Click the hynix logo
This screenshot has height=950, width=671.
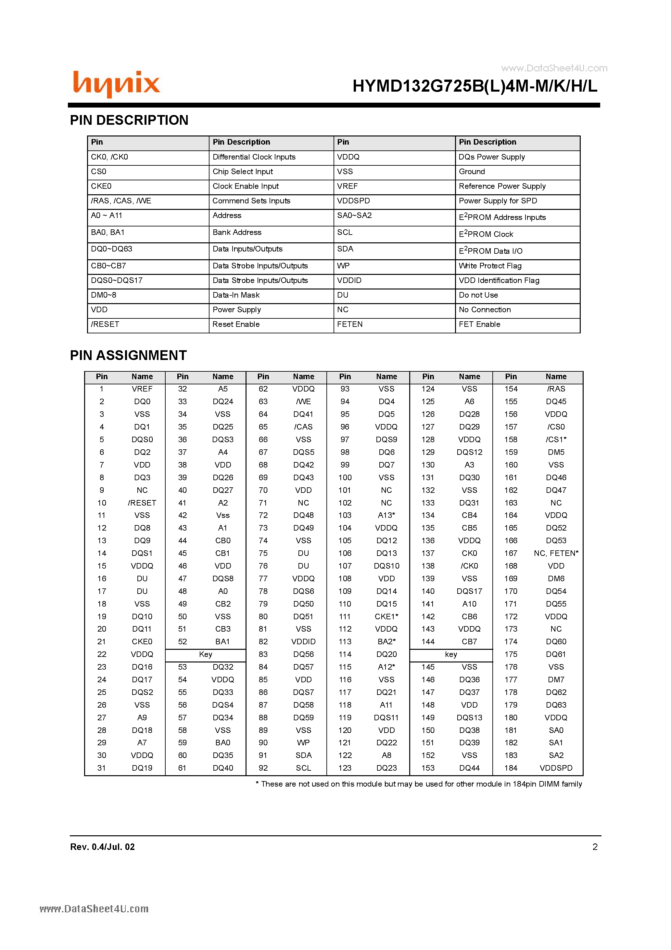(116, 84)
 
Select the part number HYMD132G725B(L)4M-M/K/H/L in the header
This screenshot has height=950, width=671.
(475, 86)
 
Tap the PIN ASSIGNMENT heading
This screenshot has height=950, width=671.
(128, 355)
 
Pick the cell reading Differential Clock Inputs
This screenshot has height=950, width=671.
(254, 157)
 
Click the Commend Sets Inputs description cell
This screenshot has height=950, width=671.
(251, 201)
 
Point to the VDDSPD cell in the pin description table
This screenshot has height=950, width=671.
(353, 201)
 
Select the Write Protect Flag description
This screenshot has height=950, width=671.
(490, 266)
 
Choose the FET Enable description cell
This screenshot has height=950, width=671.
(479, 324)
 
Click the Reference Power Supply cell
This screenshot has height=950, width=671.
(502, 186)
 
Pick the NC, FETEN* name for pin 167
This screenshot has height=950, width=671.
(556, 553)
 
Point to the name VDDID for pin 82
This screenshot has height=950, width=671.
(303, 641)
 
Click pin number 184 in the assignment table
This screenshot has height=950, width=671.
(511, 768)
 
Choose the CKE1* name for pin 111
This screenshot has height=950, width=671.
(386, 617)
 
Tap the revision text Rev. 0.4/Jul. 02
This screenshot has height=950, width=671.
(103, 847)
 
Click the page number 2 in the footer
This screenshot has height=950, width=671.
(595, 847)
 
